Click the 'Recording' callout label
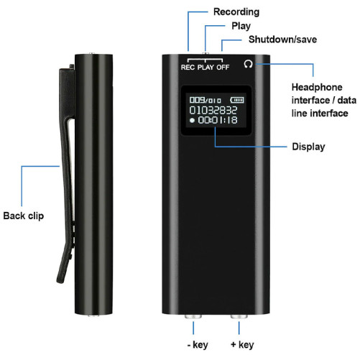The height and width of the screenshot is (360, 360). [x=236, y=12]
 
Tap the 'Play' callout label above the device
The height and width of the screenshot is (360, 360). [x=241, y=26]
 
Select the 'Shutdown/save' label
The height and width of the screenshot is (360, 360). [x=282, y=40]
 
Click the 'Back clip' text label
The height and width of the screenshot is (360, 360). [x=24, y=216]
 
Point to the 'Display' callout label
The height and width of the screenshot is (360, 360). [x=308, y=147]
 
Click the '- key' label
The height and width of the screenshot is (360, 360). [x=198, y=345]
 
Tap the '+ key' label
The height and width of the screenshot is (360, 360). [x=242, y=345]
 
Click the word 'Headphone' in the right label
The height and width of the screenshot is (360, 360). [x=317, y=88]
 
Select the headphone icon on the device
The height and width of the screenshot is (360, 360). [x=248, y=64]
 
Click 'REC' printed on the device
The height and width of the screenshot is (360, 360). [x=188, y=68]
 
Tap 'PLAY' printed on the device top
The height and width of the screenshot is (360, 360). [x=206, y=68]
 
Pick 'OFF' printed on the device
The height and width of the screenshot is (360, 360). [x=223, y=68]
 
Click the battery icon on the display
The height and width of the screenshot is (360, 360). [x=237, y=100]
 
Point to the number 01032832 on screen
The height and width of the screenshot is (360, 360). [x=213, y=110]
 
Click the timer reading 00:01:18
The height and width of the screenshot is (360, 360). [x=218, y=120]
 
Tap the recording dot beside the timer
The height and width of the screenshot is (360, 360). [x=192, y=120]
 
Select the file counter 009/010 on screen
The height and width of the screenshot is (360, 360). [x=205, y=100]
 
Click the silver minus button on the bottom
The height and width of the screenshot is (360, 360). [x=193, y=316]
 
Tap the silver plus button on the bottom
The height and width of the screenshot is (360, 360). [x=239, y=316]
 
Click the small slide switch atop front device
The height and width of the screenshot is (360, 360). [x=206, y=53]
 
